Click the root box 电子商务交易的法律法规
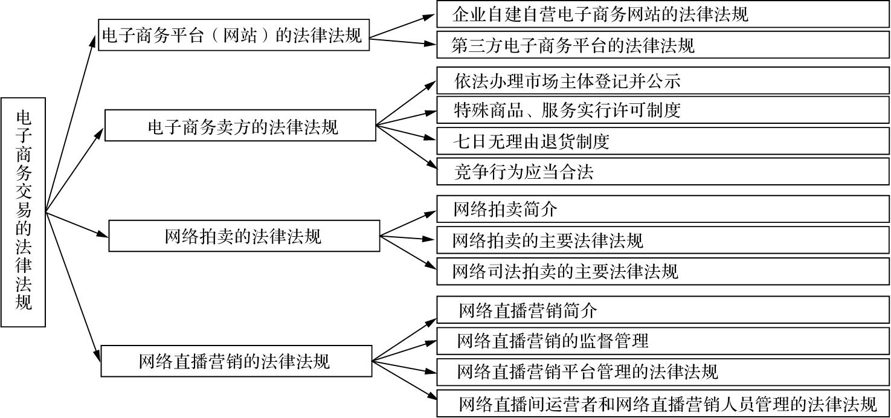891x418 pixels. click(x=23, y=212)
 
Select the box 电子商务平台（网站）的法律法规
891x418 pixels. click(x=233, y=36)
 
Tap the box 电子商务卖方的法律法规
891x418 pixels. click(x=240, y=126)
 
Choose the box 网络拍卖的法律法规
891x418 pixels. click(x=243, y=236)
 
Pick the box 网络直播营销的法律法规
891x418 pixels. click(x=236, y=361)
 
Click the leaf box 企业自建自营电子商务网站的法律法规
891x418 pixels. click(x=663, y=14)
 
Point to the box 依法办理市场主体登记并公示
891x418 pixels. click(x=663, y=80)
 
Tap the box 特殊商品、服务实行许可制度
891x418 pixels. click(x=663, y=111)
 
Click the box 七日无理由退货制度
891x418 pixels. click(x=663, y=142)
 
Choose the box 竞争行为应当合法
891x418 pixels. click(x=663, y=173)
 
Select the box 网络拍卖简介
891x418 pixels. click(x=663, y=210)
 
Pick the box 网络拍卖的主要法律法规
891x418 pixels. click(x=663, y=240)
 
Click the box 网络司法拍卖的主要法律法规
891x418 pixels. click(x=663, y=271)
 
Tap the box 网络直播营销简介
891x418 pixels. click(x=663, y=311)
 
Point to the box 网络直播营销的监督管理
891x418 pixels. click(x=663, y=341)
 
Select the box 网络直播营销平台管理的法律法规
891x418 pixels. click(x=663, y=371)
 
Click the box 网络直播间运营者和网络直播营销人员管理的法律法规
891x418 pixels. click(x=663, y=403)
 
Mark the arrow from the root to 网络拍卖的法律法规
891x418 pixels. click(x=77, y=224)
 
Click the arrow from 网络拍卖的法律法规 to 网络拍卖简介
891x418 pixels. click(x=408, y=223)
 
